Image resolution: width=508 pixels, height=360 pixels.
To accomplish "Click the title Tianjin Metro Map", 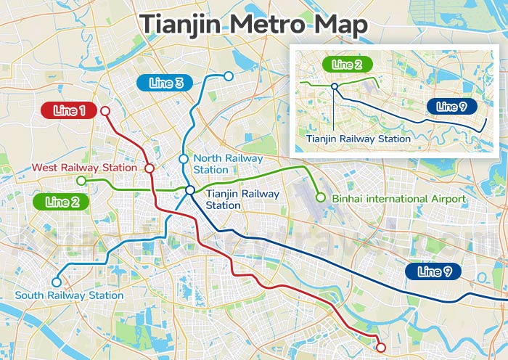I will point(254,23).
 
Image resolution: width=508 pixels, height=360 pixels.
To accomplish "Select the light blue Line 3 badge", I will point(165,83).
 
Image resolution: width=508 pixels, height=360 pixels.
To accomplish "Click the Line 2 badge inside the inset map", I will point(348,65).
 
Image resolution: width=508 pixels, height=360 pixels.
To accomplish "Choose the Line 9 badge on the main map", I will point(434,272).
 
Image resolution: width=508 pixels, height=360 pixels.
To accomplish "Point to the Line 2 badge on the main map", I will point(62,202).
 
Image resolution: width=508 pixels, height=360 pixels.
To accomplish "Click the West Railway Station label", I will point(84,168).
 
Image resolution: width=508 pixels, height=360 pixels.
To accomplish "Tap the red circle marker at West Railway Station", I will point(149,168).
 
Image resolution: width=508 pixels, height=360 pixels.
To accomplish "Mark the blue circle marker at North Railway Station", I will point(184,159).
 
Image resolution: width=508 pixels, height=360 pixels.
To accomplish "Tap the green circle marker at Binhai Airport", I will point(320,197).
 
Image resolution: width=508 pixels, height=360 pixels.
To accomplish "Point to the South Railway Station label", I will point(69,295).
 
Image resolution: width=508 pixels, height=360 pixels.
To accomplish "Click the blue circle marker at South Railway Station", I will point(57,282).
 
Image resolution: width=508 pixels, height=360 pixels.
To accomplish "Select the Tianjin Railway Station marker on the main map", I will point(189,190).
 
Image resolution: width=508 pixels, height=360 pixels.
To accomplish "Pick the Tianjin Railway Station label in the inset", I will point(359,138).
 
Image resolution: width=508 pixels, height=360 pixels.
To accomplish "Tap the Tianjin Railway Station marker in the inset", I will point(335,86).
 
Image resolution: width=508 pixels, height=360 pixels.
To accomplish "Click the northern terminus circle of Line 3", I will point(229,76).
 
